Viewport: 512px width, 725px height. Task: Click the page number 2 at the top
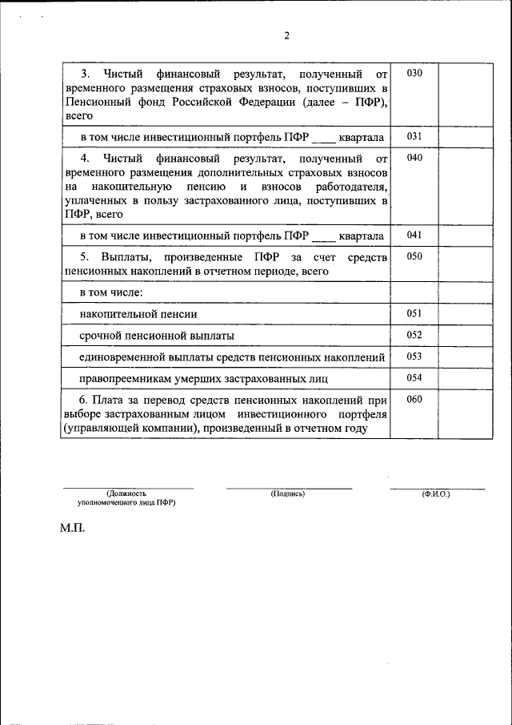286,35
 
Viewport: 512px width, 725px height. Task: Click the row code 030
414,73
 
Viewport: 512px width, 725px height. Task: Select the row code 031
414,136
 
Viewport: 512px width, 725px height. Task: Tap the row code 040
414,158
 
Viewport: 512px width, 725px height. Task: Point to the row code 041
414,235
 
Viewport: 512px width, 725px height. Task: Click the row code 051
414,314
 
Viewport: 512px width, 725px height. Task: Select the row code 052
414,335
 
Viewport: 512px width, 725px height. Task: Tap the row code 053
414,356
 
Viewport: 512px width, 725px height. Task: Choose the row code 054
414,377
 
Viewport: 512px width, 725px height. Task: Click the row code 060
414,399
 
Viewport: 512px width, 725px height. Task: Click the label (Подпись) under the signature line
288,494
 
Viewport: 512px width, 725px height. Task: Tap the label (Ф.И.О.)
436,494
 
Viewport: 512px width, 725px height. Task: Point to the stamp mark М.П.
71,530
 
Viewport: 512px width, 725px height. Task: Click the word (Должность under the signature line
126,494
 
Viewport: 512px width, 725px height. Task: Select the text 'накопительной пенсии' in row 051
138,315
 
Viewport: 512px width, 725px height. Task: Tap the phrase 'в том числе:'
110,293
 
